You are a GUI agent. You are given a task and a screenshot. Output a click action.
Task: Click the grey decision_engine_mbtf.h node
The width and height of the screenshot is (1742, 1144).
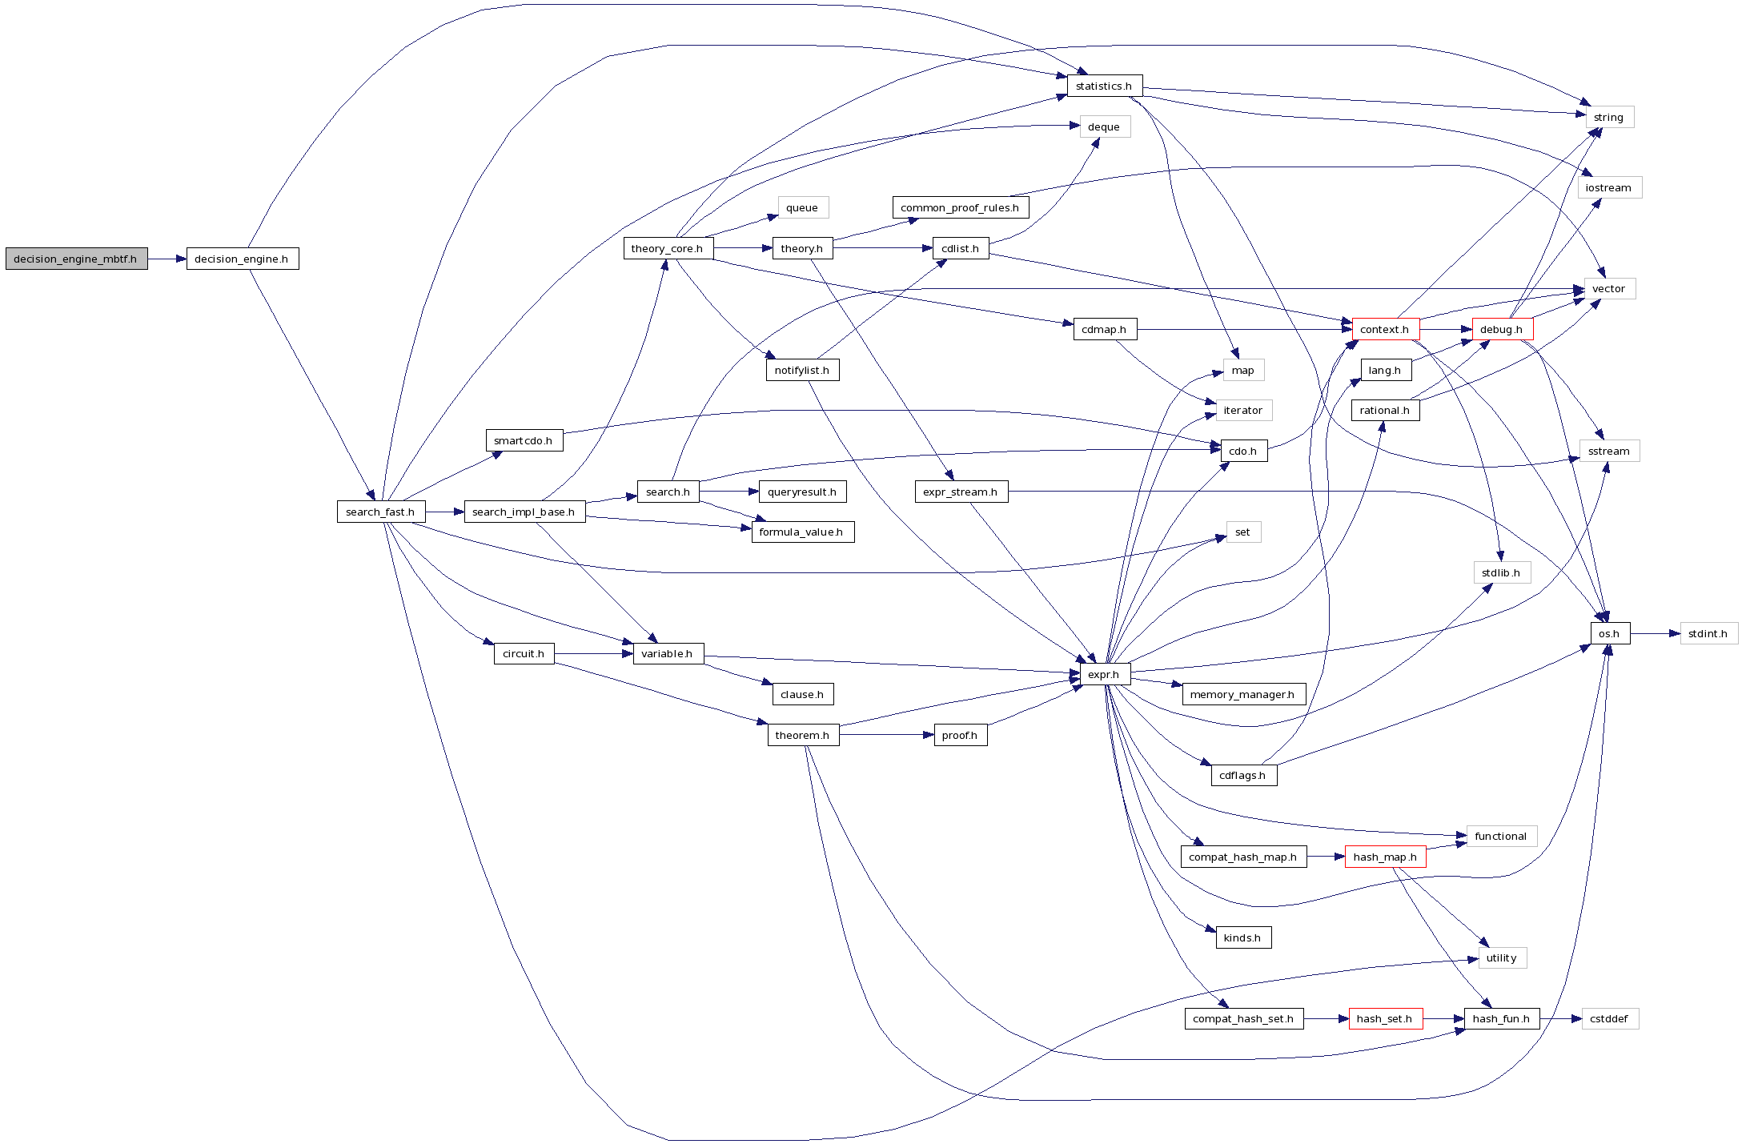[x=76, y=259]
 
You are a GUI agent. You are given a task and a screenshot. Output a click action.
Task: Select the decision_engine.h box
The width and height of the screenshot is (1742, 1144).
[x=242, y=259]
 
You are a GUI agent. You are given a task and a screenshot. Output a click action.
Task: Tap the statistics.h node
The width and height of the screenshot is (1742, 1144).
[x=1104, y=86]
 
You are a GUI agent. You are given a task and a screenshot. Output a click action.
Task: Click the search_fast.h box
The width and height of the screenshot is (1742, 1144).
[x=380, y=512]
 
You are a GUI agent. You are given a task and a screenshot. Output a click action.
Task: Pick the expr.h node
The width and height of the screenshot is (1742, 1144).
[x=1104, y=674]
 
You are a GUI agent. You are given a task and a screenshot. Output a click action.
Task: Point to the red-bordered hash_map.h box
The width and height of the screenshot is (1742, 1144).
[x=1385, y=857]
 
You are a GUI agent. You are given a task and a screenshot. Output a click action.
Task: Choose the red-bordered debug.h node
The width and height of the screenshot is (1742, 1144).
[x=1502, y=329]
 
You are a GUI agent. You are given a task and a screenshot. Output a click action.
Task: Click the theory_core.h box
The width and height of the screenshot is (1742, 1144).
[x=668, y=248]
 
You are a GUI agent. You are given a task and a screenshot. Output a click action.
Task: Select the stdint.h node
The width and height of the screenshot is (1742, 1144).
[x=1708, y=633]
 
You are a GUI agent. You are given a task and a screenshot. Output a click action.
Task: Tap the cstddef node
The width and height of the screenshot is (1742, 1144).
[x=1609, y=1018]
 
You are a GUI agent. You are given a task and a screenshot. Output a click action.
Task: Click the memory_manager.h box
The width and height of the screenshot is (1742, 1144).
[x=1242, y=694]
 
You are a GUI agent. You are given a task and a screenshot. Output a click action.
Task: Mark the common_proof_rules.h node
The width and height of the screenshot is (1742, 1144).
[x=960, y=207]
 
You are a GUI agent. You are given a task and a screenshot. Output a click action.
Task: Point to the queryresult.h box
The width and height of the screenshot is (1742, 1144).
[x=802, y=492]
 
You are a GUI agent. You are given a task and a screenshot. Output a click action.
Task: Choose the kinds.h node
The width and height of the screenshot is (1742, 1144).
[x=1242, y=937]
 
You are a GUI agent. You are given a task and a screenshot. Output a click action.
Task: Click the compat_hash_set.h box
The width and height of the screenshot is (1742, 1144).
[x=1243, y=1018]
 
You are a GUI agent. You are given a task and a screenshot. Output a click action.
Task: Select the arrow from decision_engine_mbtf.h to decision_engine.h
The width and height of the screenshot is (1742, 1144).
[x=167, y=259]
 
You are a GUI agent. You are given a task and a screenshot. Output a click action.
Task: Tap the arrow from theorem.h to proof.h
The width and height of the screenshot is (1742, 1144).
[x=886, y=735]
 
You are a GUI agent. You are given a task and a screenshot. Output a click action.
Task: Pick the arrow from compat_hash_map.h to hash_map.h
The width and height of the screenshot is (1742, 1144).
[x=1325, y=857]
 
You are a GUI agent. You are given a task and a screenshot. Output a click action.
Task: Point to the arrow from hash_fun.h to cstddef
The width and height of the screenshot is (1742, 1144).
[x=1560, y=1018]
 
